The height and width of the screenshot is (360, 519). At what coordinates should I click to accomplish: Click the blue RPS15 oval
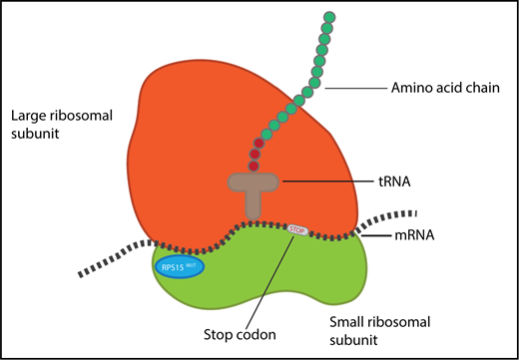pos(179,266)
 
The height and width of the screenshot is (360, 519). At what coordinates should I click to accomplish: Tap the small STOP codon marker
pos(296,229)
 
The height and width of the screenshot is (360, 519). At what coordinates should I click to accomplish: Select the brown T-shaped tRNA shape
pos(255,186)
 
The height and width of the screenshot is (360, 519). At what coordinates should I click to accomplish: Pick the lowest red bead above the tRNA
pos(253,166)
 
